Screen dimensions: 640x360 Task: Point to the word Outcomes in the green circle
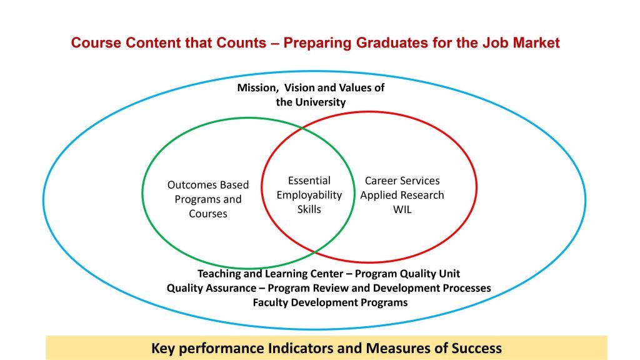click(190, 185)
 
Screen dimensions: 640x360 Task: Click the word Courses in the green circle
click(208, 214)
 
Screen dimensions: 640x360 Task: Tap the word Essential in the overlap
click(309, 181)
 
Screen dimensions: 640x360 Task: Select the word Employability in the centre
click(309, 195)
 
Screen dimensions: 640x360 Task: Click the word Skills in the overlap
click(309, 209)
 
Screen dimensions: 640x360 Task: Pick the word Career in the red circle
click(379, 181)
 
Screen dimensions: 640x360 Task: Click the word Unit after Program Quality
click(450, 274)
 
